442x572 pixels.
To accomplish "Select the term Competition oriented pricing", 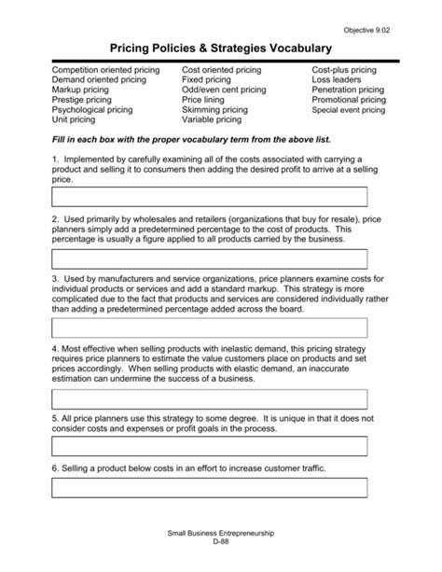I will click(x=105, y=70).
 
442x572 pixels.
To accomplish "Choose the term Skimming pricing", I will click(x=216, y=109).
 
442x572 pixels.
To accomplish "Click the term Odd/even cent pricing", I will click(x=224, y=90).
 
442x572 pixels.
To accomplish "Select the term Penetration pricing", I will click(x=348, y=90).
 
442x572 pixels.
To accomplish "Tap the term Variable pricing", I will click(x=212, y=119).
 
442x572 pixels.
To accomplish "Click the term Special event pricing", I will click(x=348, y=110).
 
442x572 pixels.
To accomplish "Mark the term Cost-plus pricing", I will click(x=344, y=70).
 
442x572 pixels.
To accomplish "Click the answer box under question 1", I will click(x=209, y=196).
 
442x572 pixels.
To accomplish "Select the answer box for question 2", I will click(x=209, y=258).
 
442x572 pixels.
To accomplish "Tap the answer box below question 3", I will click(x=209, y=327).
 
